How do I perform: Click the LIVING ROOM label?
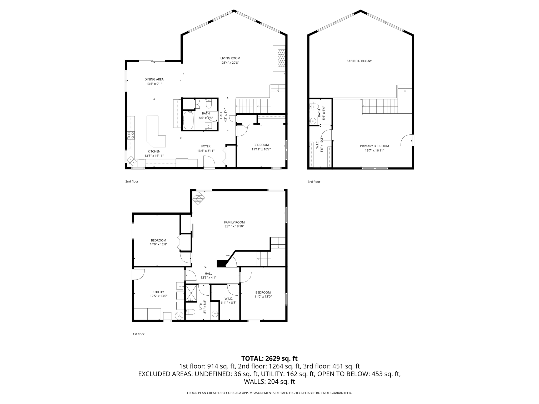point(230,58)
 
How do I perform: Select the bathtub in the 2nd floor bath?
point(188,120)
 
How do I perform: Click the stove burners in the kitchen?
point(131,135)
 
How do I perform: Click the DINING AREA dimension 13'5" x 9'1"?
point(154,84)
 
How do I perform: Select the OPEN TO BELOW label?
point(359,61)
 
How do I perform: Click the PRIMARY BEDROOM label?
point(374,146)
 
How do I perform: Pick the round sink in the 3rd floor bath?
point(313,121)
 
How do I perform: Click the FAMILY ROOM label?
point(234,222)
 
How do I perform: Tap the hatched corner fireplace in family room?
point(198,198)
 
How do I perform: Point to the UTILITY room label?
point(158,292)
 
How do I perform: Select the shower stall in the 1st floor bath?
point(191,293)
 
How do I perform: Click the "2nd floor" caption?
point(132,181)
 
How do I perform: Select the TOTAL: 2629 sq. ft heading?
point(269,358)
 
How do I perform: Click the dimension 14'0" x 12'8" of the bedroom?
point(158,244)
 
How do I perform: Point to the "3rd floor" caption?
point(314,182)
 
